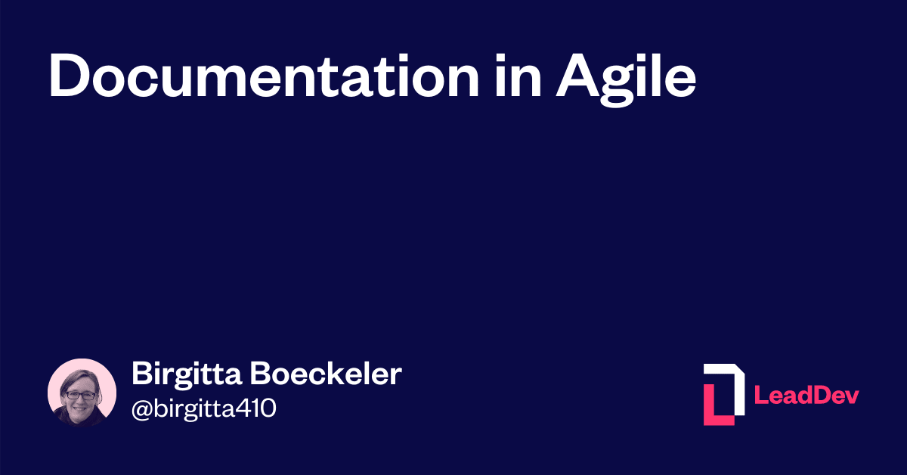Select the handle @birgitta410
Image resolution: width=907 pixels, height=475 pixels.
204,409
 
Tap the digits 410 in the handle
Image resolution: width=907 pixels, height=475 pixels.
256,409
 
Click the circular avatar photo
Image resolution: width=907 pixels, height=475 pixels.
82,393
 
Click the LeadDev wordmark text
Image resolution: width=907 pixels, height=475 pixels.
807,395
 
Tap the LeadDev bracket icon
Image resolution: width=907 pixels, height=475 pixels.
723,394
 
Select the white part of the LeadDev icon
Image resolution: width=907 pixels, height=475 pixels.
733,382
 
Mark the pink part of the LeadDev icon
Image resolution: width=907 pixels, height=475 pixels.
714,408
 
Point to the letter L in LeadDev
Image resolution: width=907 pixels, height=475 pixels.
761,395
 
